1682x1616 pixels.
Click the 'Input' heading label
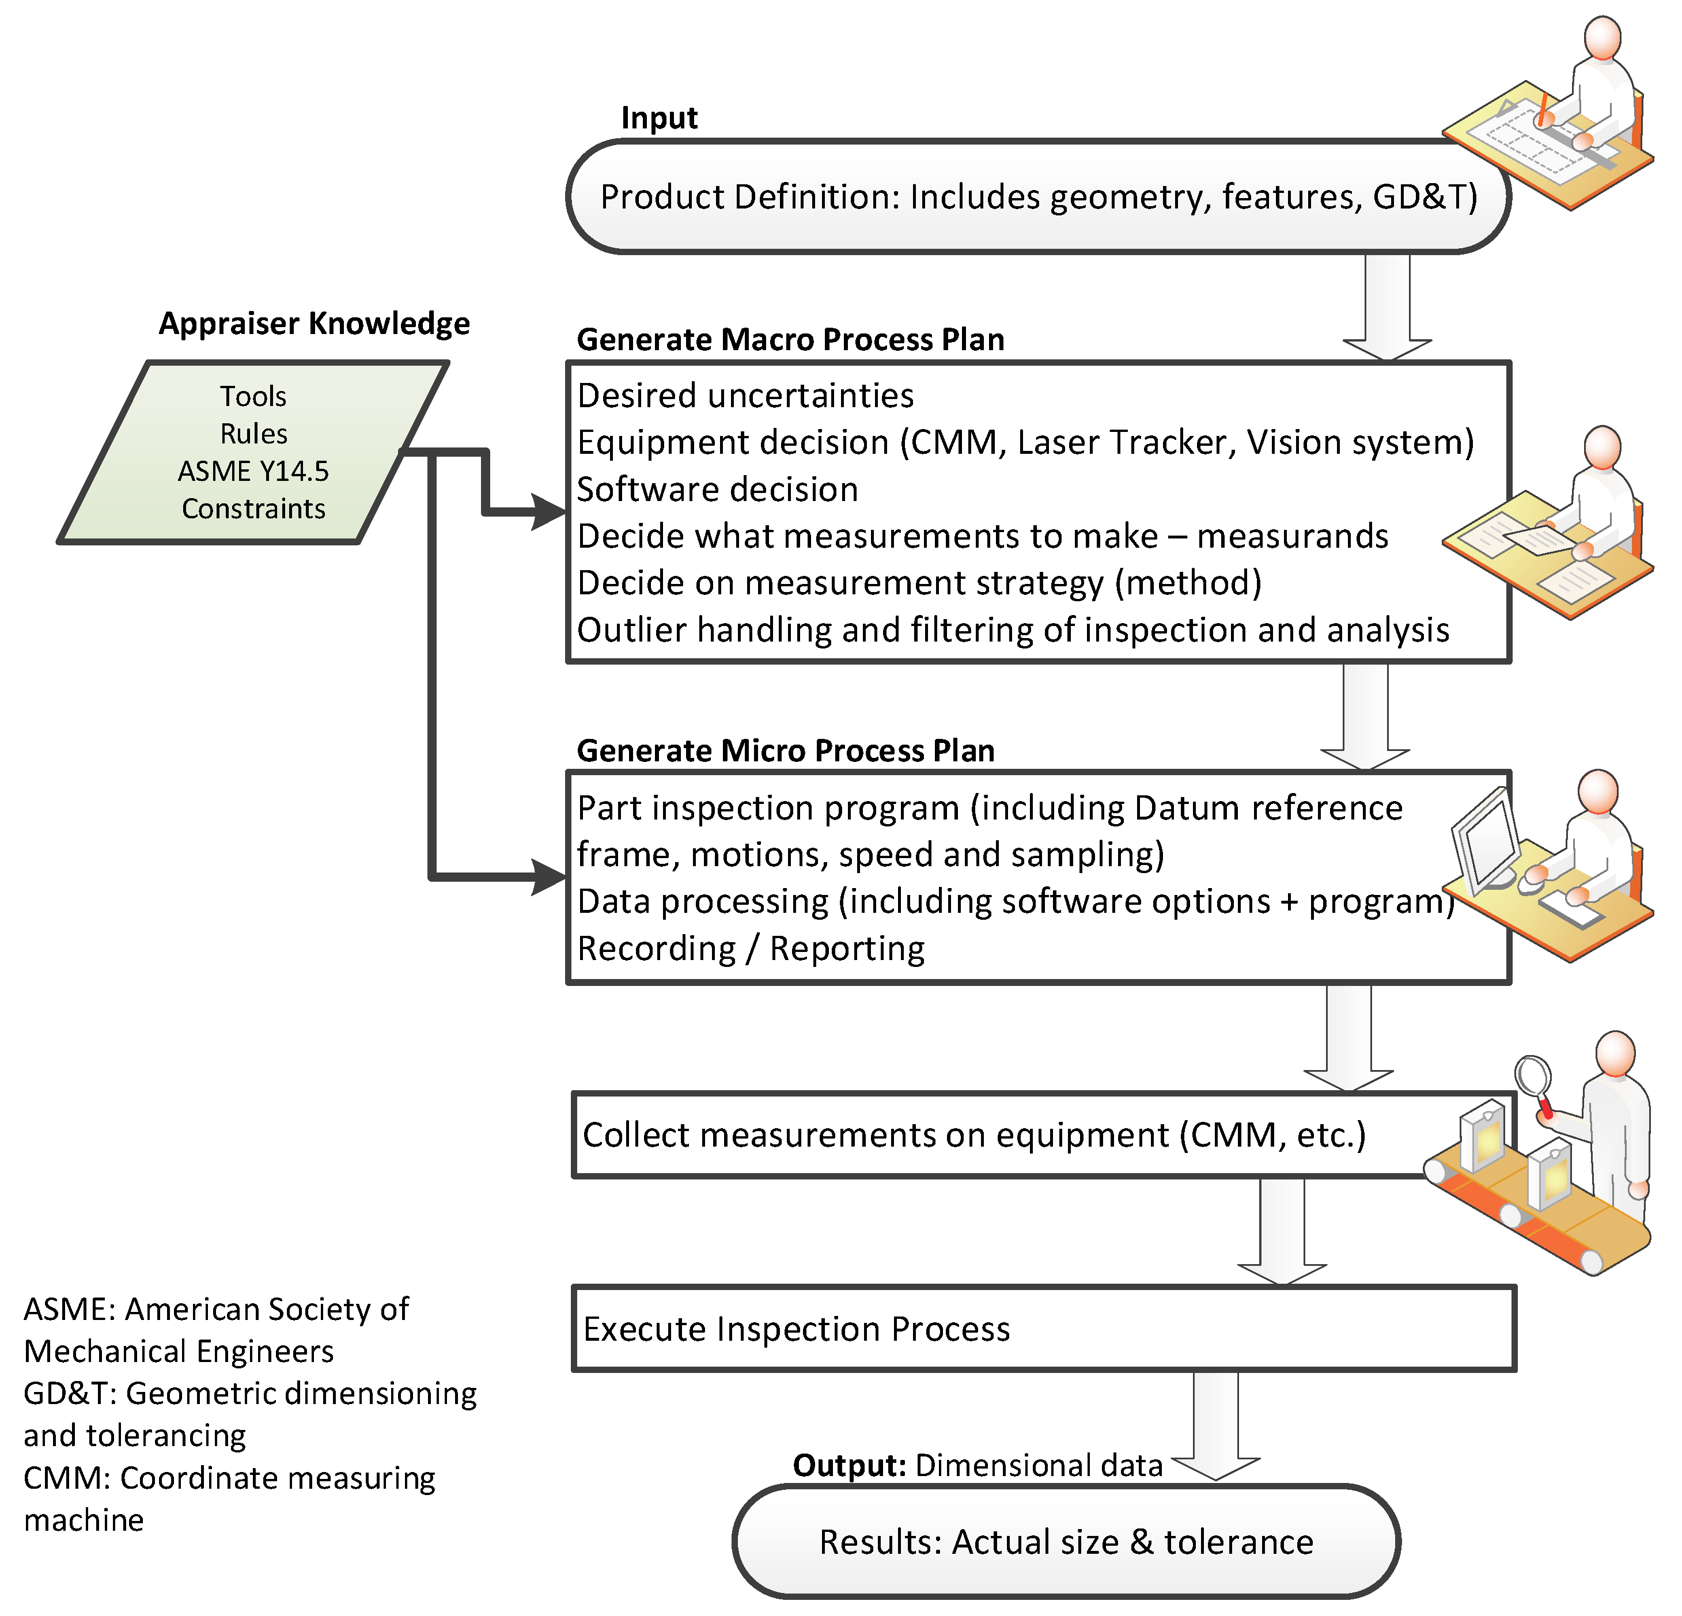point(658,117)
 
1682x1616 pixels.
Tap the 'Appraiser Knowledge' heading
point(314,324)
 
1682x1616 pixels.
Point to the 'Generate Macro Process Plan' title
point(790,340)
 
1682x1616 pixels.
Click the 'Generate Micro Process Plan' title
point(785,751)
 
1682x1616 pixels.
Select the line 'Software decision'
point(717,489)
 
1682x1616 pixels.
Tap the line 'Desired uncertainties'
point(745,396)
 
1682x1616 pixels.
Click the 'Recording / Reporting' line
point(751,949)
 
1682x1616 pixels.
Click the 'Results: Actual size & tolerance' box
point(1066,1542)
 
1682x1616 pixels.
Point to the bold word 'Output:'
point(848,1466)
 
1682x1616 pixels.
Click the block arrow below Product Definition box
point(1387,309)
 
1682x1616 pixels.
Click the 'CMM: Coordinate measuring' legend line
point(229,1478)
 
